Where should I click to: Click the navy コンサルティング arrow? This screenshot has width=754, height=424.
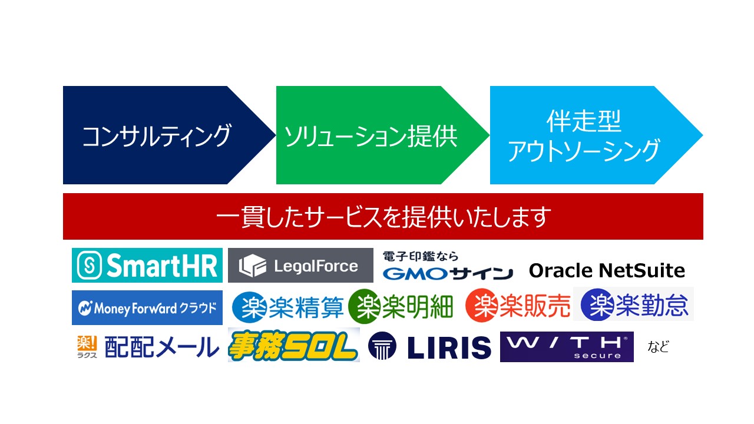168,135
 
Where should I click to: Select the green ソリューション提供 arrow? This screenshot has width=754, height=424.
382,135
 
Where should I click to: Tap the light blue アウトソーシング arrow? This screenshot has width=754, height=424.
596,135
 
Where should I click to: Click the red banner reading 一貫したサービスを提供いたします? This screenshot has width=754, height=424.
383,216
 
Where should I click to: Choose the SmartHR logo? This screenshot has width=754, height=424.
147,265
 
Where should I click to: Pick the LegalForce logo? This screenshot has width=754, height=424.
300,265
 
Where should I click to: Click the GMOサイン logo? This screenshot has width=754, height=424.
448,266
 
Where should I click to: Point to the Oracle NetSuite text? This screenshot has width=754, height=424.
607,270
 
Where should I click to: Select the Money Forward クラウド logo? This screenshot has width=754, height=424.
147,307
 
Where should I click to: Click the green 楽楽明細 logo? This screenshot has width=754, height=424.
401,306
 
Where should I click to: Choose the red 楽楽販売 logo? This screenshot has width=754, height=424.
518,306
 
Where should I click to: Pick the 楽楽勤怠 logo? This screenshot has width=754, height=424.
634,304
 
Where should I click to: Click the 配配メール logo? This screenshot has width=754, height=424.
148,347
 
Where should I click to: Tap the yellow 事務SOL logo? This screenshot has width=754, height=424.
293,345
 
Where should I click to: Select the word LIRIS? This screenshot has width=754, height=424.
449,347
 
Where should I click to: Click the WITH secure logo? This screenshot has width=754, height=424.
567,347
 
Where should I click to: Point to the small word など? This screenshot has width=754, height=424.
658,347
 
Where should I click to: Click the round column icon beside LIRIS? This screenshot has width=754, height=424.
382,346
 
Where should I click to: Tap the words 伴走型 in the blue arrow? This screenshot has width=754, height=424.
584,121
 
